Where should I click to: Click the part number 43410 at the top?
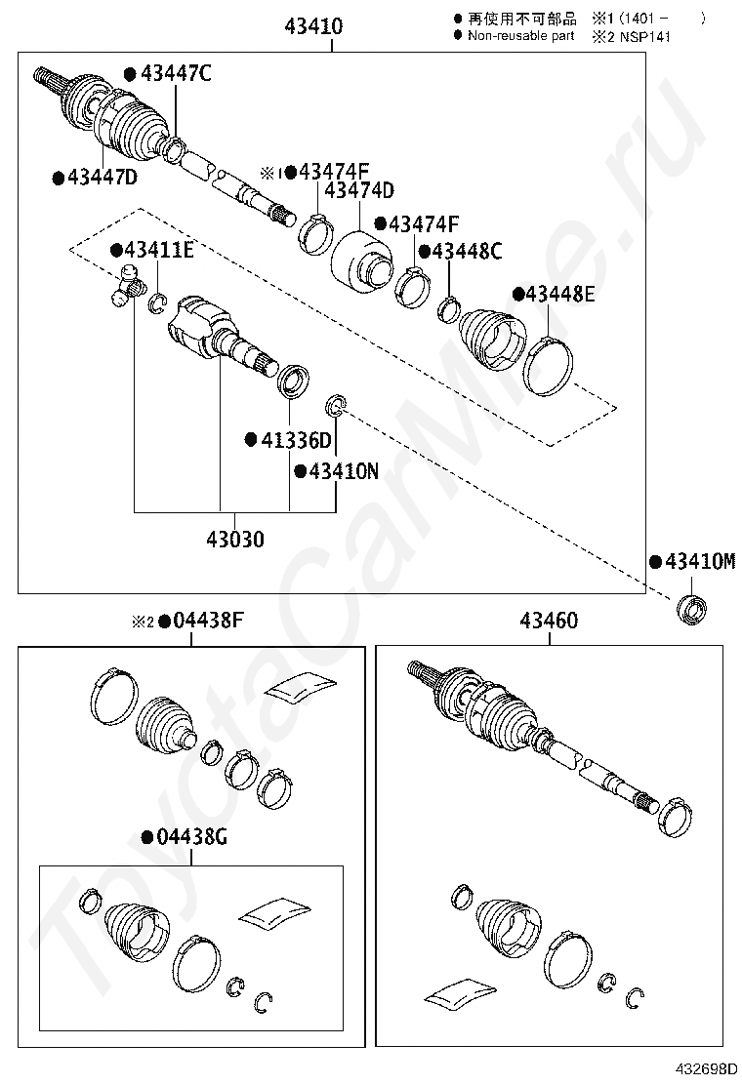pyautogui.click(x=313, y=26)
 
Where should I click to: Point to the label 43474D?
pyautogui.click(x=359, y=191)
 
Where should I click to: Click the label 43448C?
pyautogui.click(x=466, y=252)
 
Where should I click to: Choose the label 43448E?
pyautogui.click(x=558, y=294)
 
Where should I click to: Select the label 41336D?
pyautogui.click(x=295, y=440)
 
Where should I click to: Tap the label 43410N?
pyautogui.click(x=343, y=471)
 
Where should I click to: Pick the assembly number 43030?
pyautogui.click(x=234, y=538)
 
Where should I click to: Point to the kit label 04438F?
pyautogui.click(x=207, y=621)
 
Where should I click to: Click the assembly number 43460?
pyautogui.click(x=549, y=621)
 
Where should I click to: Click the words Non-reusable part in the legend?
pyautogui.click(x=520, y=36)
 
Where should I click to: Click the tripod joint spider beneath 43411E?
pyautogui.click(x=126, y=288)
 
